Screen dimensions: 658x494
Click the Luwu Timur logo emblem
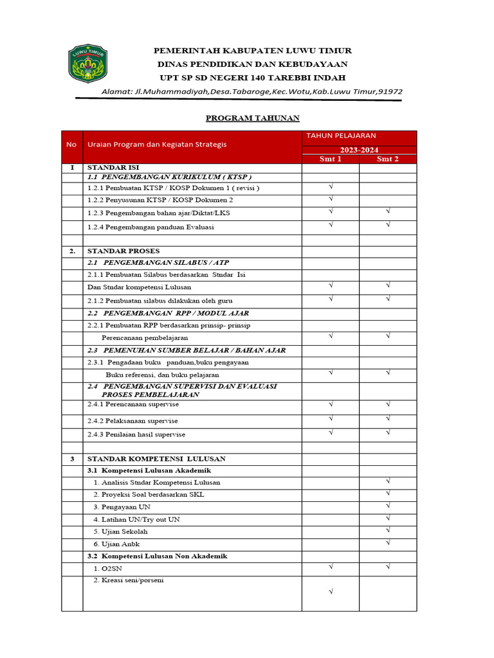pos(88,64)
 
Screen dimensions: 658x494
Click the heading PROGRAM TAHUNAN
pos(252,118)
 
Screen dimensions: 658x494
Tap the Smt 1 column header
pos(331,159)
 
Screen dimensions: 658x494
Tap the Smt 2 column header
pos(388,159)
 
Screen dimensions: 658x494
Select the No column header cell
pos(71,145)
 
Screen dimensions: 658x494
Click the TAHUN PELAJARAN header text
pos(341,136)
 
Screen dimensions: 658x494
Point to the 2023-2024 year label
pos(359,150)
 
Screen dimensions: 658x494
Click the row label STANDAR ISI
pos(113,167)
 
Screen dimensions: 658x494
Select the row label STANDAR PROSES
pos(123,251)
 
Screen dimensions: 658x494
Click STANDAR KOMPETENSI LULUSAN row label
pos(156,459)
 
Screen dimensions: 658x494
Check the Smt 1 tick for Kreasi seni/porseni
pos(331,591)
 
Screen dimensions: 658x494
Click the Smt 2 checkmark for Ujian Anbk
pos(388,543)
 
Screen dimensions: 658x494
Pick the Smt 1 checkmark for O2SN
pos(331,567)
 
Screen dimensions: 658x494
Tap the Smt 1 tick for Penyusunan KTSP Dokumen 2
pos(331,199)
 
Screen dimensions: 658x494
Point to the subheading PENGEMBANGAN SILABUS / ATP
pos(158,263)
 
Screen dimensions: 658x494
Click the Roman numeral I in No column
pos(72,167)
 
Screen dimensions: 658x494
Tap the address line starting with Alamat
pos(252,91)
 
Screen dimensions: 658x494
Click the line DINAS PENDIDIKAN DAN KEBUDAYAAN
pos(252,64)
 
